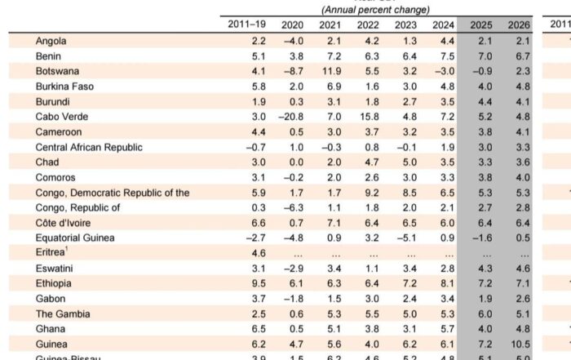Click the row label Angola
(x=51, y=41)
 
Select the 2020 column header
(x=292, y=25)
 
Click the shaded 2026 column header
(x=518, y=25)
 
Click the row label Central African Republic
(x=89, y=147)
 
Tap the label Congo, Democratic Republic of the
(x=113, y=193)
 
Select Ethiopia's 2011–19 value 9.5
(x=258, y=283)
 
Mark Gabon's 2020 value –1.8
(x=292, y=299)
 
